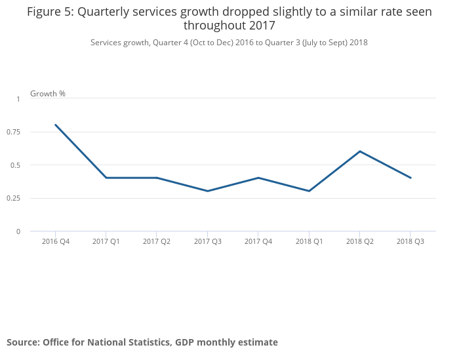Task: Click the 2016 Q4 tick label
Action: click(56, 241)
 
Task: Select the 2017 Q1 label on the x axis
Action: click(106, 241)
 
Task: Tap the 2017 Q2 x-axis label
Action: click(157, 241)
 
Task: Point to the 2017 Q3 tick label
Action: click(208, 241)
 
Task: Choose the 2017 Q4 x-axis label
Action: click(258, 241)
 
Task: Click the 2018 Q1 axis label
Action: click(309, 241)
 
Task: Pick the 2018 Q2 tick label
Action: click(360, 241)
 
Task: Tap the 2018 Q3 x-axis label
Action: click(410, 241)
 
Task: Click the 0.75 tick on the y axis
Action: click(13, 132)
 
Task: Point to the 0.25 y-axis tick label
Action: click(13, 198)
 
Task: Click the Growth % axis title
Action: click(48, 94)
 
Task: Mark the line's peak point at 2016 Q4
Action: click(56, 125)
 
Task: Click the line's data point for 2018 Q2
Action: click(360, 151)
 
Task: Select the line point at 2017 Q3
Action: click(208, 191)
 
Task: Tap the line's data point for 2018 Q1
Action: click(309, 191)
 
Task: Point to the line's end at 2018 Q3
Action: click(410, 178)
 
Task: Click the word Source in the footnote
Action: click(23, 342)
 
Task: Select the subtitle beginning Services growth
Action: click(229, 43)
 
